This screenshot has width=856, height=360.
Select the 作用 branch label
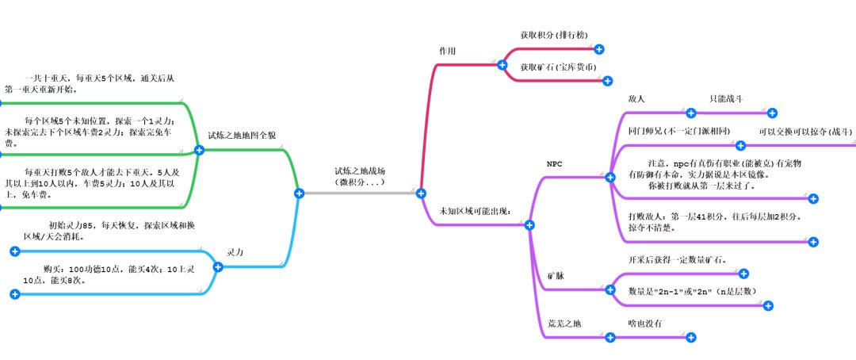point(447,50)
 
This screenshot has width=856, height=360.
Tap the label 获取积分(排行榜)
point(552,36)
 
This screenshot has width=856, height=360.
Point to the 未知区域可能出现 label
point(474,211)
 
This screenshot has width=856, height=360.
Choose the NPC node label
point(555,163)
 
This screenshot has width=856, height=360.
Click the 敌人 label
point(636,99)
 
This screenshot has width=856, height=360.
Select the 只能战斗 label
point(725,99)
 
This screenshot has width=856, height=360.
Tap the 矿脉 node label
point(556,276)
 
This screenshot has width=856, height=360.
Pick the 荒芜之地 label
point(564,324)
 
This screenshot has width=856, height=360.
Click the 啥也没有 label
point(644,324)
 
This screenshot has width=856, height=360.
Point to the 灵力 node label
point(235,252)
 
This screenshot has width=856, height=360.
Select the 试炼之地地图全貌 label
point(242,136)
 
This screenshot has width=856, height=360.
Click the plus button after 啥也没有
point(690,338)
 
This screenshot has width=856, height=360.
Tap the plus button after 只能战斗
point(773,113)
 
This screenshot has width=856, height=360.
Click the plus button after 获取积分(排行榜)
point(600,49)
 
